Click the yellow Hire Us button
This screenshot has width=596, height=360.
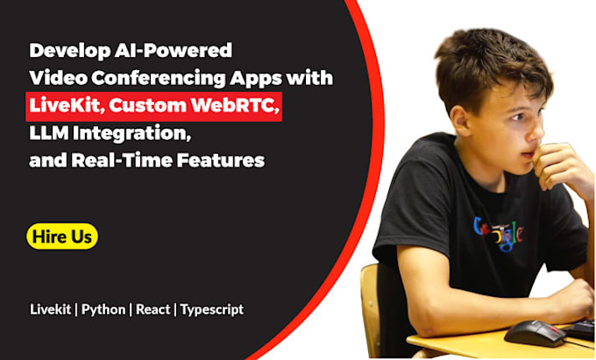61,236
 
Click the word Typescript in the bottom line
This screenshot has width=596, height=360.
212,309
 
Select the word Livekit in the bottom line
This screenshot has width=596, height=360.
51,309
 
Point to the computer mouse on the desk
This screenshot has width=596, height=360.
533,332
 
